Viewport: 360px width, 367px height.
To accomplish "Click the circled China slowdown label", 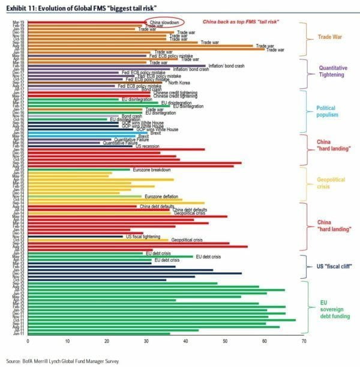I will click(163, 21).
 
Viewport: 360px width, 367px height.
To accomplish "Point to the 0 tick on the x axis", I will click(28, 341).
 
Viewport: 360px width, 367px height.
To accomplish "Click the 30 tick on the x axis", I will click(146, 341).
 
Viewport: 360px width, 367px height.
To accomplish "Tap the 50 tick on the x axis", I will click(225, 341).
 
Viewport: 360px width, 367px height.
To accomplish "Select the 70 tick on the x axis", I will click(304, 341).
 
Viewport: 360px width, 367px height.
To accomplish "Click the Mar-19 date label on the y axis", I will click(19, 22).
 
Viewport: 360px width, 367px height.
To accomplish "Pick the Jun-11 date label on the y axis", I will click(19, 334).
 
